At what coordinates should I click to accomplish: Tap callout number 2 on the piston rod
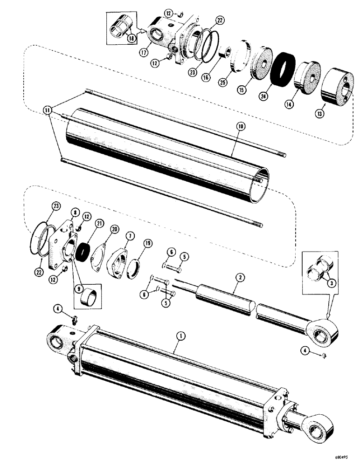(x=239, y=278)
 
